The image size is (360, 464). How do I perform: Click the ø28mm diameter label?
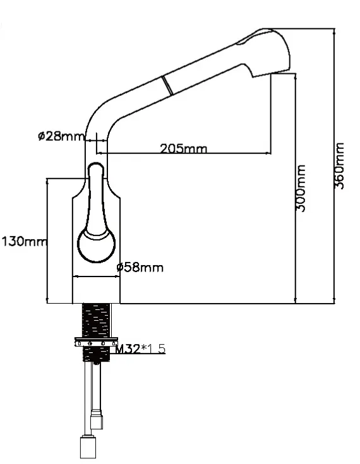click(x=61, y=136)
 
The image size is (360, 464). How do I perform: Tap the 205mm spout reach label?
click(x=183, y=148)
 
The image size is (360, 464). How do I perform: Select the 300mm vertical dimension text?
click(x=301, y=188)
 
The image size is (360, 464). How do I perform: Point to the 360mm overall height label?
click(x=339, y=165)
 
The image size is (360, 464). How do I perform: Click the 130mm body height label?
click(x=24, y=241)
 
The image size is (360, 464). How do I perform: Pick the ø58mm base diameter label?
click(x=140, y=268)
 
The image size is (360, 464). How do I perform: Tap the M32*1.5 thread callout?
click(x=140, y=348)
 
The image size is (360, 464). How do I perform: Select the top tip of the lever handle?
click(x=95, y=163)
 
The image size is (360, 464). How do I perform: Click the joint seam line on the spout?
click(x=167, y=86)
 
